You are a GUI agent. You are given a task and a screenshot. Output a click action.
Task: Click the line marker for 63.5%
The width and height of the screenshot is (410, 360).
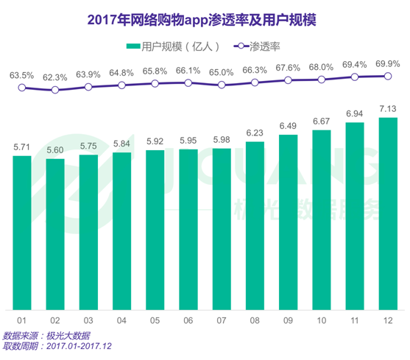[x=22, y=88]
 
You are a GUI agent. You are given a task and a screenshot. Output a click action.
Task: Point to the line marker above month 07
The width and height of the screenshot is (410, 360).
[x=222, y=85]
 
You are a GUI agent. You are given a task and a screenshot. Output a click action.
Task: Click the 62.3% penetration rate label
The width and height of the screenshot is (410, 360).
[x=55, y=77]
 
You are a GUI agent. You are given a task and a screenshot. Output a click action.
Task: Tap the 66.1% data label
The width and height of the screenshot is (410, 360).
[x=188, y=71]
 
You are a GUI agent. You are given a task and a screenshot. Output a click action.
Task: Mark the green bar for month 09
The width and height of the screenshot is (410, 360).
[x=288, y=222]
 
